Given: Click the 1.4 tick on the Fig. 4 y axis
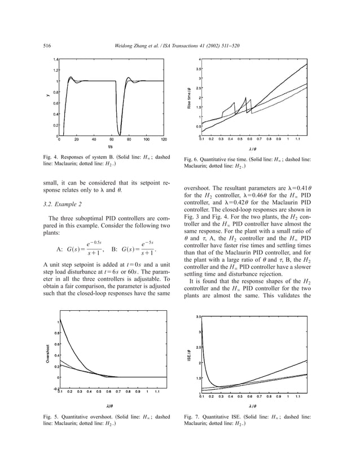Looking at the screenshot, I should pos(55,59).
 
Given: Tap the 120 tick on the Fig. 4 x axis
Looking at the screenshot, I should pos(164,139).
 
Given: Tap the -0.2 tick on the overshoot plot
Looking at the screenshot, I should pos(55,388).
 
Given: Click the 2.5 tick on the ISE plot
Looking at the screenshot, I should pos(197,347).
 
